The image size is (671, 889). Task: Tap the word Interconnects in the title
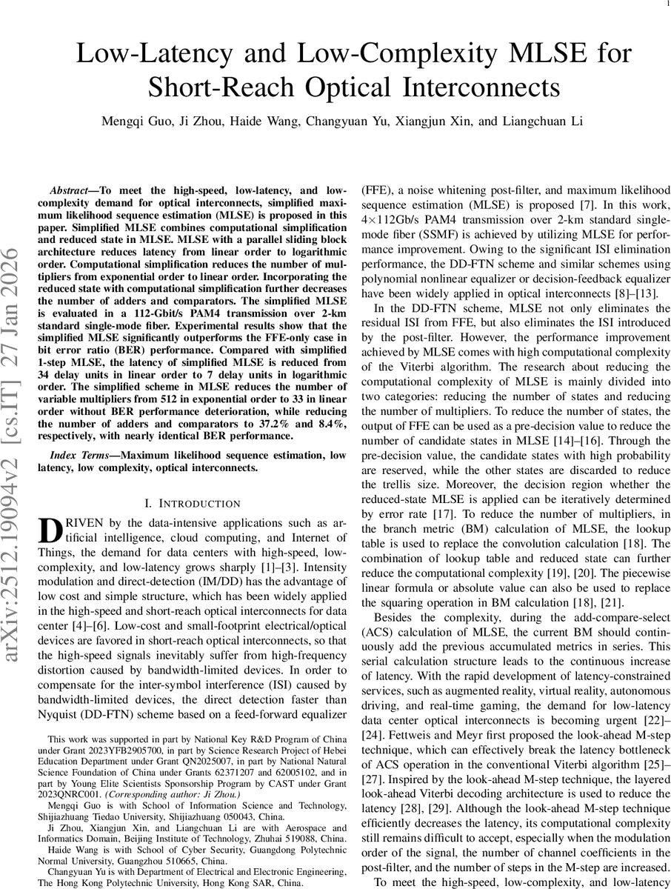pos(486,88)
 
